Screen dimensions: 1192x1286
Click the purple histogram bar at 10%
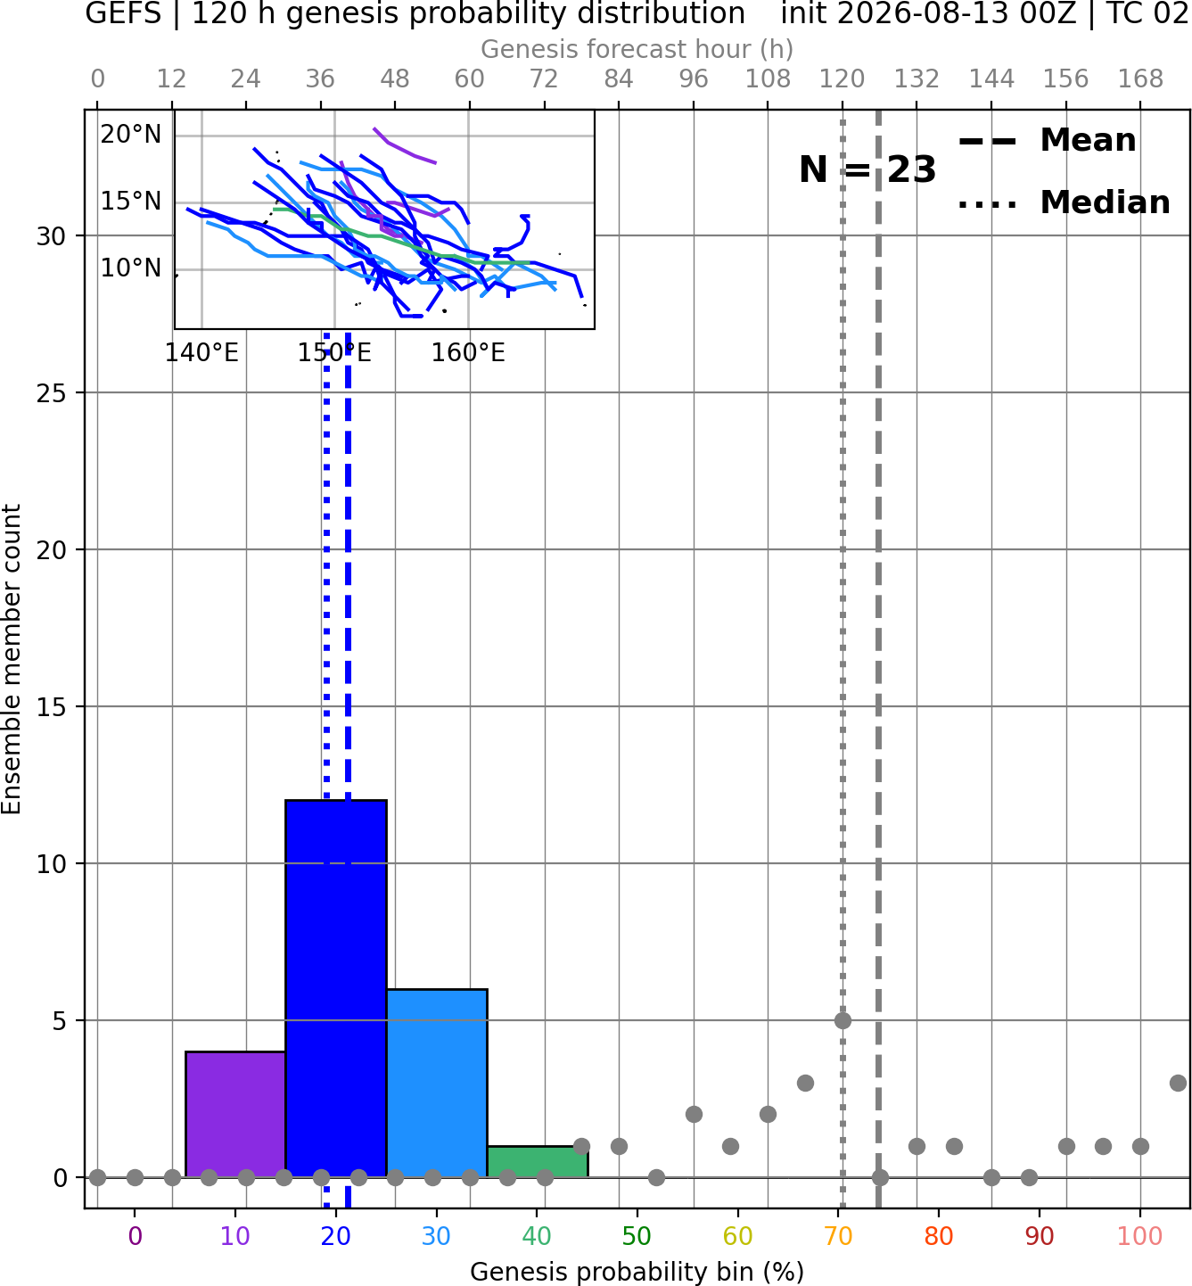tap(235, 1115)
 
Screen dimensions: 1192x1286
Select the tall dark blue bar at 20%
tap(336, 989)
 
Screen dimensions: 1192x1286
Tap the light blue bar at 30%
tap(437, 1084)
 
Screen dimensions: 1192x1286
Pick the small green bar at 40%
tap(538, 1162)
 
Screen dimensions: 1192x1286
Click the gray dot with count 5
tap(843, 1020)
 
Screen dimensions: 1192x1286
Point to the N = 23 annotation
tap(867, 169)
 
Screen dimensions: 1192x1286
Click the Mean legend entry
tap(1048, 141)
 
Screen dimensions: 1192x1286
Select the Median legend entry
tap(1065, 202)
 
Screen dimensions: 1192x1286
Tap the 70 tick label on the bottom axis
tap(838, 1237)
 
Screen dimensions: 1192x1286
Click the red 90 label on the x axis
tap(1040, 1237)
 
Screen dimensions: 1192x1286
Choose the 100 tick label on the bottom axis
tap(1139, 1237)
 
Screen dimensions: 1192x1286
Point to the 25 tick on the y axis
tap(52, 393)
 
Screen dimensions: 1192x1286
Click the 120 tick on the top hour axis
tap(843, 79)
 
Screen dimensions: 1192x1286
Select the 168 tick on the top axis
tap(1141, 79)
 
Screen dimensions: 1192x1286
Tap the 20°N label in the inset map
tap(131, 135)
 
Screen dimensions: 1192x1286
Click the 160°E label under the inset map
tap(468, 353)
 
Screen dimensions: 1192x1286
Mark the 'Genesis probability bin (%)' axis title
tap(637, 1272)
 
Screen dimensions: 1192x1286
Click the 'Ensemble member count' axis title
tap(12, 659)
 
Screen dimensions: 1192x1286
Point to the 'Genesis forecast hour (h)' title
tap(637, 49)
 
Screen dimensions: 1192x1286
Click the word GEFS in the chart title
tap(123, 13)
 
